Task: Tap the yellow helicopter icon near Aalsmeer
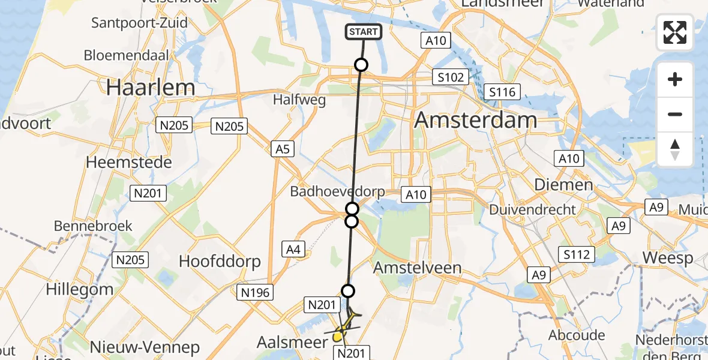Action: (x=344, y=326)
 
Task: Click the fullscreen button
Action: (x=675, y=32)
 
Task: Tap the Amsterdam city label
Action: (x=475, y=120)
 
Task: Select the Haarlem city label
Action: (x=151, y=88)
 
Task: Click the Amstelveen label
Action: (x=417, y=268)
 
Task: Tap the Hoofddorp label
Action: (x=220, y=261)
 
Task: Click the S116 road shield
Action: (x=502, y=92)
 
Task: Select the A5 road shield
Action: (x=282, y=149)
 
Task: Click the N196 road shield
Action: (x=257, y=292)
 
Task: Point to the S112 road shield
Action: (x=577, y=254)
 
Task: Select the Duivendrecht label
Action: (x=532, y=210)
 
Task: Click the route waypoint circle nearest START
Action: (x=361, y=65)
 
